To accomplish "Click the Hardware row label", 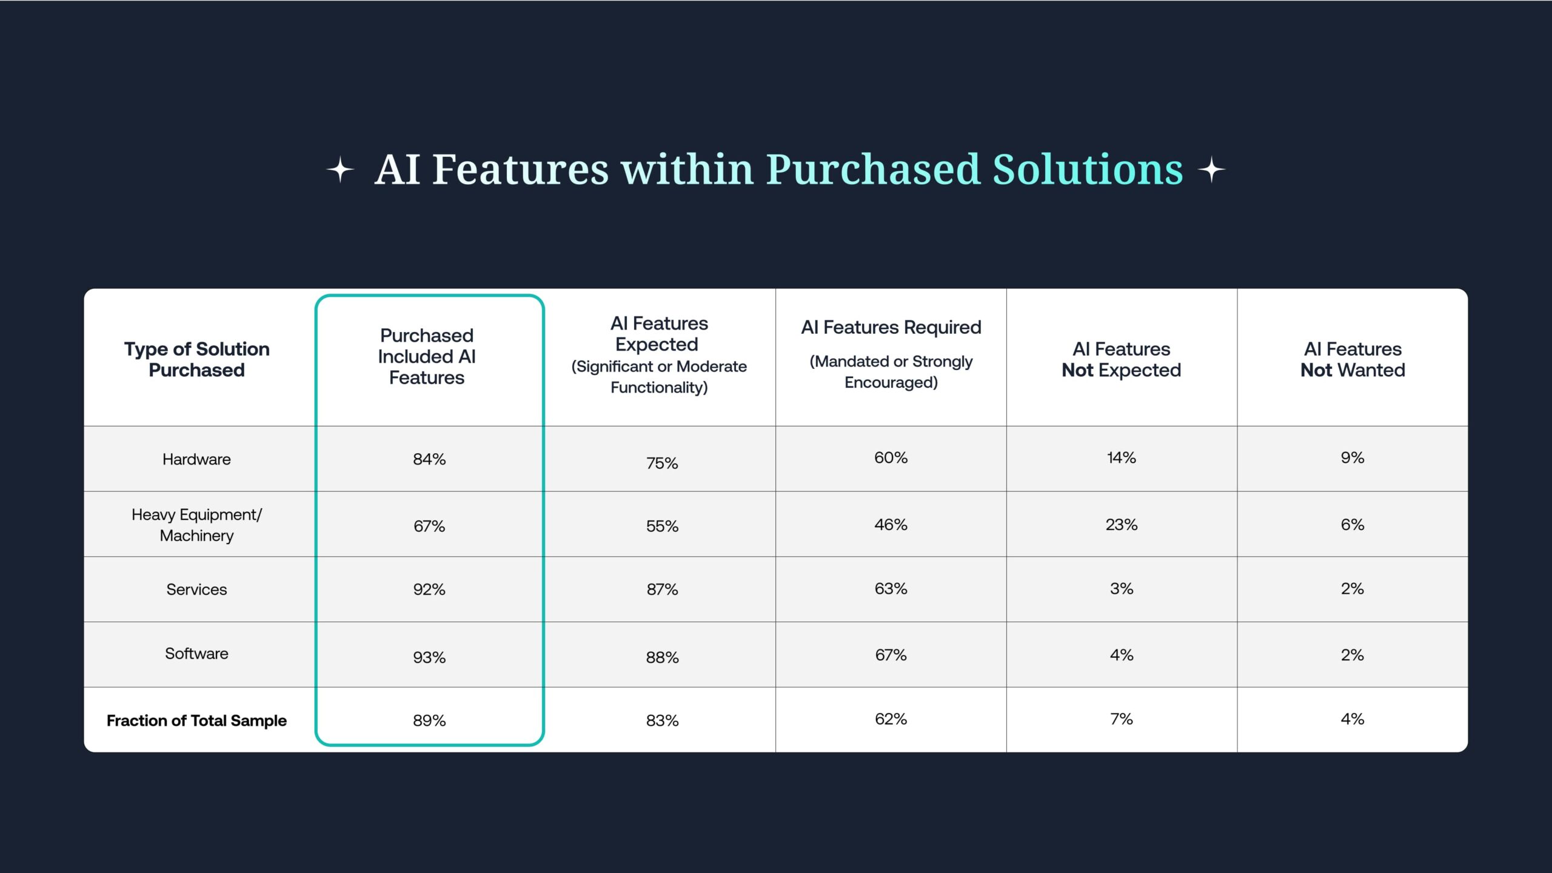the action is click(196, 459).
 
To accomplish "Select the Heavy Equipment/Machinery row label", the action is click(196, 525).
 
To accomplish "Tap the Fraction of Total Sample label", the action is click(196, 720).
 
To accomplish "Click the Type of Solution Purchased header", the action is click(196, 359).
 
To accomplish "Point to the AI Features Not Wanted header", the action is click(1353, 359).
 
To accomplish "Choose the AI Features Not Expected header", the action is click(1122, 359).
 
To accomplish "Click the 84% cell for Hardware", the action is click(429, 459).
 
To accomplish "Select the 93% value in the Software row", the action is click(429, 657).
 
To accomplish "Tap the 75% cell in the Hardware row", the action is click(662, 463).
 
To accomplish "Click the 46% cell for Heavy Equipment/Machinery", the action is click(891, 525).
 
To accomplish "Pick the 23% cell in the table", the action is click(1122, 525).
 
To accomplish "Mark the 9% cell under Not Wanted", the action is click(1353, 457).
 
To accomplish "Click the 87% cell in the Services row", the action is click(662, 589).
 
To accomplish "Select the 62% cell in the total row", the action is click(891, 719).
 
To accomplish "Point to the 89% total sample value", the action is click(429, 720).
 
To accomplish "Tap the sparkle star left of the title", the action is click(340, 170).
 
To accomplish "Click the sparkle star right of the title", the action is click(1211, 170).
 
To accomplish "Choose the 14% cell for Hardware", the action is click(1122, 457).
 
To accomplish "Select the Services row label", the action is click(196, 589).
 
